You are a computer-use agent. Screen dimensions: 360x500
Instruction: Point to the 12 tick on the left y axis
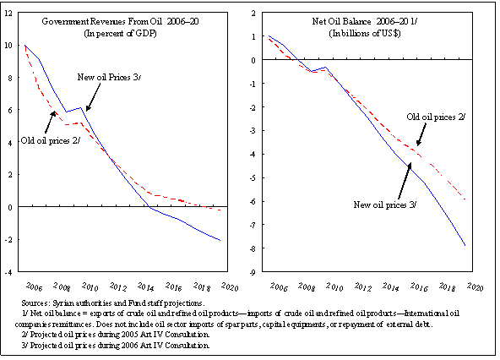[9, 12]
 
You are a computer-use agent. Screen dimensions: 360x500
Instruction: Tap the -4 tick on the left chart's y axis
[9, 273]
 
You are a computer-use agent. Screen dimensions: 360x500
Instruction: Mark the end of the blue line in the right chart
[465, 246]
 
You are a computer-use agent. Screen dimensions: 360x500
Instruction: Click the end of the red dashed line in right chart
[465, 199]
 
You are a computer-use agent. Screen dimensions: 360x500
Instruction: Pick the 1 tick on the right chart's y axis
[252, 37]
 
